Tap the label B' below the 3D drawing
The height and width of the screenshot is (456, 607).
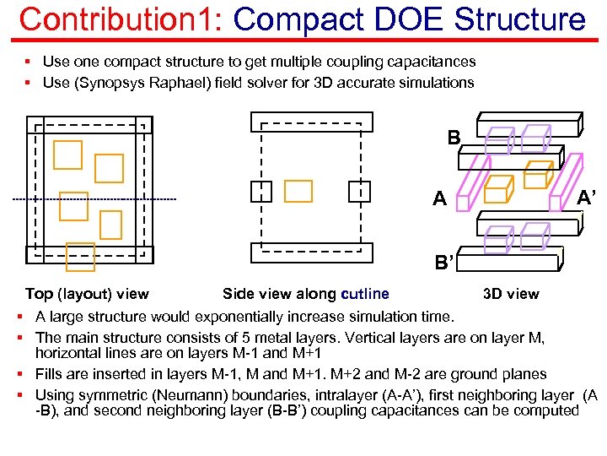pos(444,263)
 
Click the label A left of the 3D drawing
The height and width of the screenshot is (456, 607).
pos(439,200)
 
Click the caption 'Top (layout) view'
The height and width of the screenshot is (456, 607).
pos(87,294)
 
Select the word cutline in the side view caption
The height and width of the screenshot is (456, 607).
pos(365,294)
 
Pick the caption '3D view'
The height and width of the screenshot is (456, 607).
pos(511,294)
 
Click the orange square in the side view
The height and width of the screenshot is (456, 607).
pos(298,192)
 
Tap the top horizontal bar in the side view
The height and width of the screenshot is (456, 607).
pos(311,122)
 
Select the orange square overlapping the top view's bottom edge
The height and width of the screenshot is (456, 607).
pos(81,257)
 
